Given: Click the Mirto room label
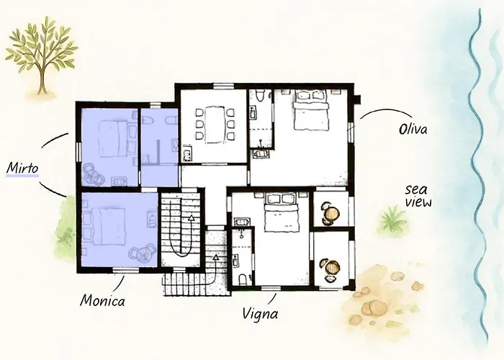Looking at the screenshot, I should [x=22, y=168].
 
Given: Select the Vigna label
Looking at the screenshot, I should [x=261, y=314].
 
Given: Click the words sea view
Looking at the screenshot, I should [x=418, y=196].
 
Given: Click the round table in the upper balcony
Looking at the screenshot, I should [x=331, y=213].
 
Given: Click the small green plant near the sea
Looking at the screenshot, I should [x=393, y=220].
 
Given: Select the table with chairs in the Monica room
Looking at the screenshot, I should [x=141, y=253].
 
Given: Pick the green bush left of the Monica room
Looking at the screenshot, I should [x=66, y=223].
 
